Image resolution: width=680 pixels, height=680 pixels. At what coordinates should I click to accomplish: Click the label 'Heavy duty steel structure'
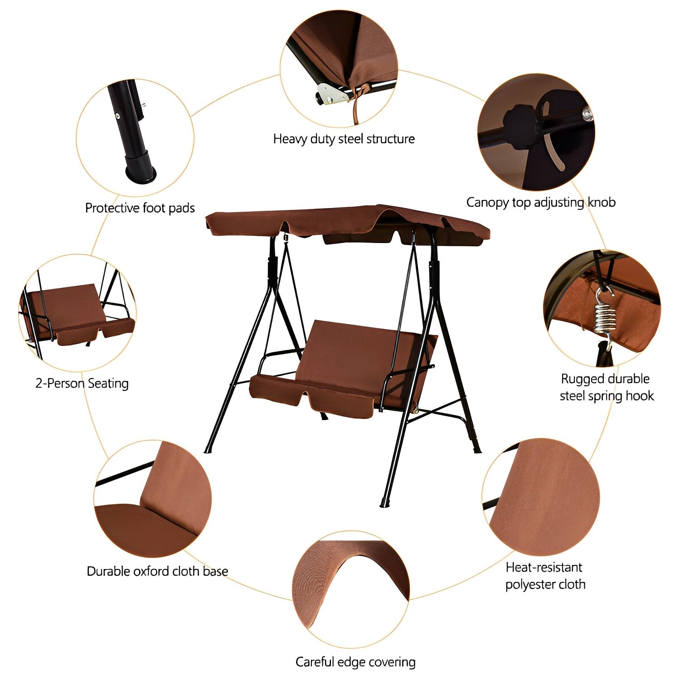point(344,139)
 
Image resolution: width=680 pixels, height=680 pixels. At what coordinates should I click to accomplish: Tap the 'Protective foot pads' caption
point(140,208)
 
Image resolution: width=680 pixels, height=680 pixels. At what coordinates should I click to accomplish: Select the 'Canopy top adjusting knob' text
point(541,202)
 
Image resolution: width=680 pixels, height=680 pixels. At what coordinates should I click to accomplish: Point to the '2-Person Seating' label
point(82,384)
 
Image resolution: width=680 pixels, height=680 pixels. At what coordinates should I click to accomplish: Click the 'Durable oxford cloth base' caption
point(157,571)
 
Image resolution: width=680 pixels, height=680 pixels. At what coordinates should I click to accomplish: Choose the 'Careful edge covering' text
point(355,662)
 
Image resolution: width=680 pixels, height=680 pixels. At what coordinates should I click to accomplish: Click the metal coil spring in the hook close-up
point(606,313)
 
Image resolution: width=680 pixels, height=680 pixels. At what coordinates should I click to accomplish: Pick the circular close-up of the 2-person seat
point(78,313)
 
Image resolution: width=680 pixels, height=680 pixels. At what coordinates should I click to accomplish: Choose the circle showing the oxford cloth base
point(153,499)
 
